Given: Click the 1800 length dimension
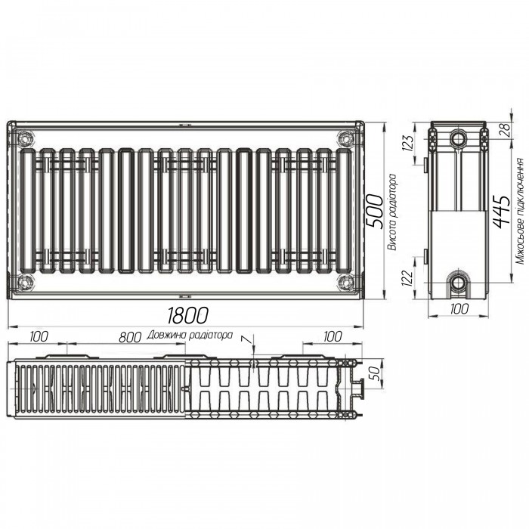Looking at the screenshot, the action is [x=187, y=315].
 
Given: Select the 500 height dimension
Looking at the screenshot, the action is [x=375, y=211].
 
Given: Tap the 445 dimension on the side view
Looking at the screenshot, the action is [x=502, y=211].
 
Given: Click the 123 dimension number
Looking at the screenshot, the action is [x=408, y=143].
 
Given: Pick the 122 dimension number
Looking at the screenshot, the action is [x=407, y=278].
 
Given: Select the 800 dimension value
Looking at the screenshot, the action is [x=130, y=337].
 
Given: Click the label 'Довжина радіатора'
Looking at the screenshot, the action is [x=190, y=335].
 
